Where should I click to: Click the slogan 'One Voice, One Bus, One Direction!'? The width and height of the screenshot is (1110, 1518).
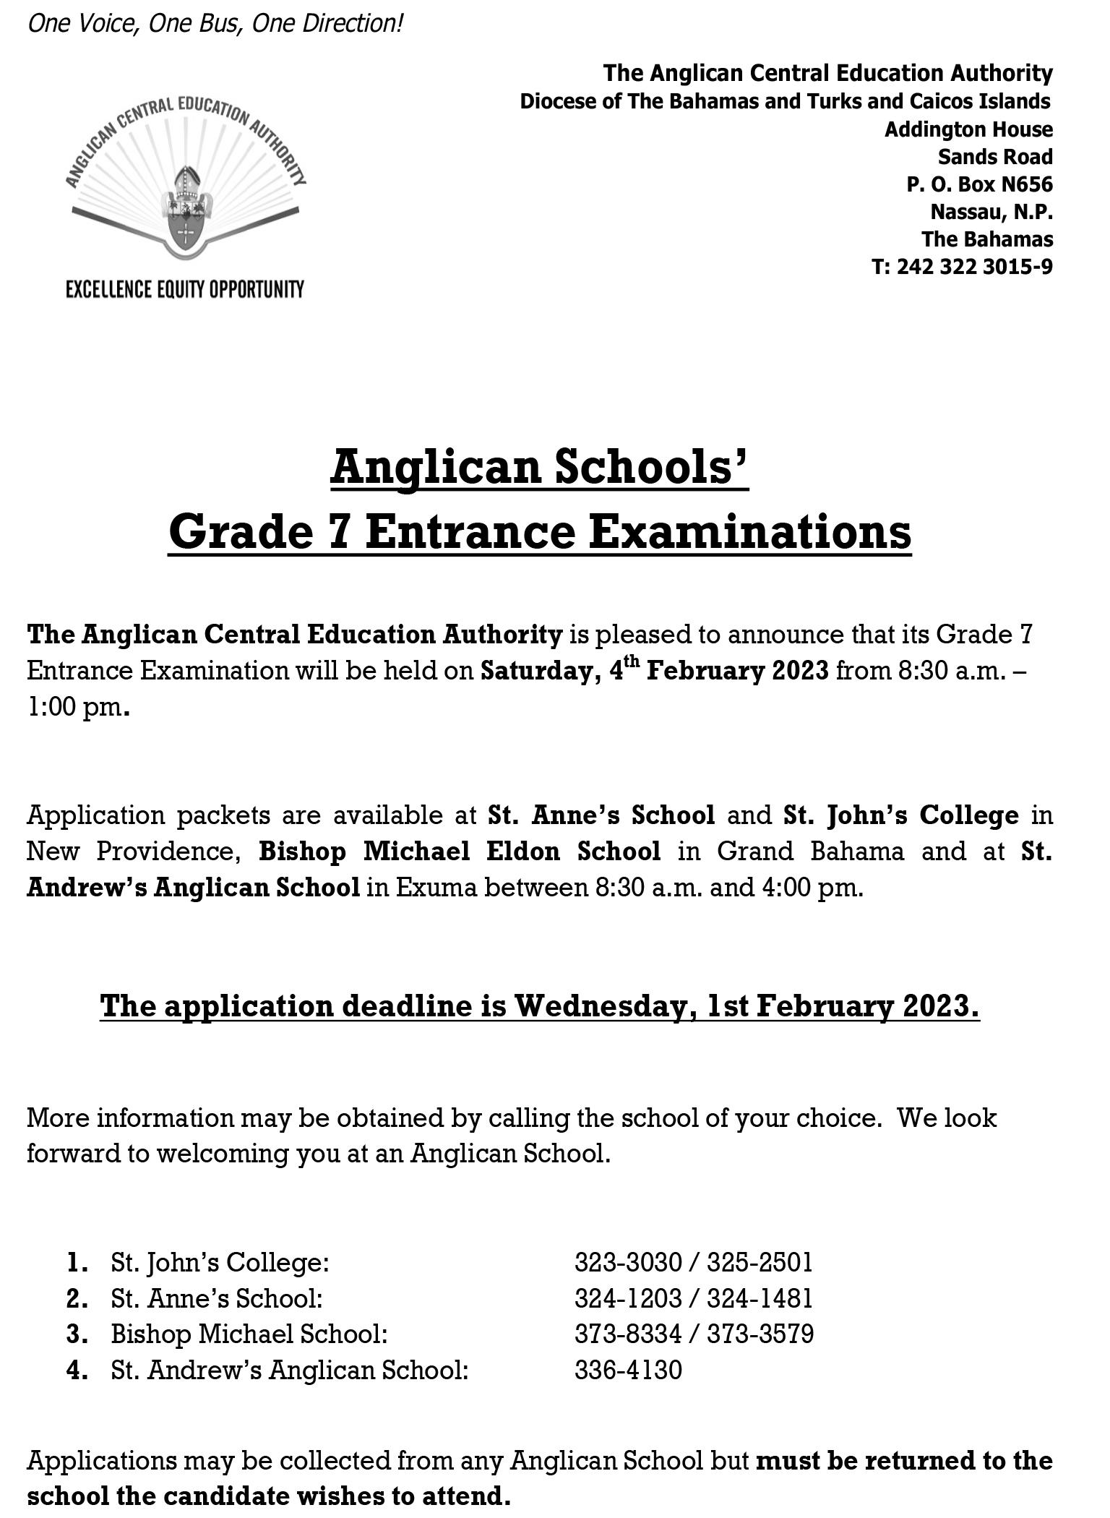[215, 24]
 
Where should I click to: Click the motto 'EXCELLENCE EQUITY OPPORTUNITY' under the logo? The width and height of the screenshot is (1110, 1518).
[185, 290]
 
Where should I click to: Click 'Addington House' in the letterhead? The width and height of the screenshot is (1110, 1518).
[968, 129]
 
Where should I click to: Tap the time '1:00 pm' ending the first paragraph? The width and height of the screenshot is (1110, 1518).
[74, 706]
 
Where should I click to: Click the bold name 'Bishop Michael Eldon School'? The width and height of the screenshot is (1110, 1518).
[460, 851]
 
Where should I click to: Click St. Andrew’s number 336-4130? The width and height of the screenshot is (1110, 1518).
[628, 1370]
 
